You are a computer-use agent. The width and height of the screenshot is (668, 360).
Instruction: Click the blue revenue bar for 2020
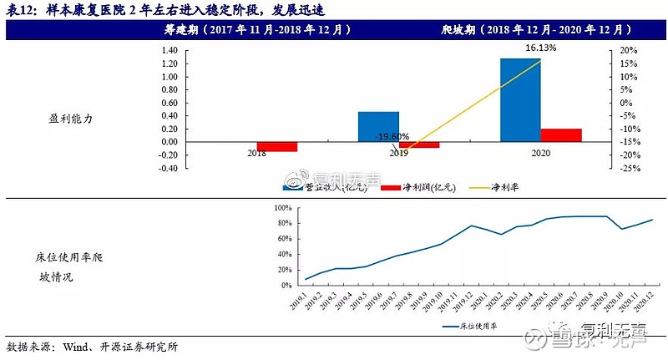tap(520, 99)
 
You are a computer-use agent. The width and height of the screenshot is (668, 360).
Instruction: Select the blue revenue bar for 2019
tap(378, 126)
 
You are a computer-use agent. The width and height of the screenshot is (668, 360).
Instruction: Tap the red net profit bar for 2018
tap(276, 146)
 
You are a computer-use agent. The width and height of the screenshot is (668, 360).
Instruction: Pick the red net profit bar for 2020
tap(561, 134)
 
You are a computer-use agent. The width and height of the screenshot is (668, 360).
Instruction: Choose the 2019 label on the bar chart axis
tap(398, 154)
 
